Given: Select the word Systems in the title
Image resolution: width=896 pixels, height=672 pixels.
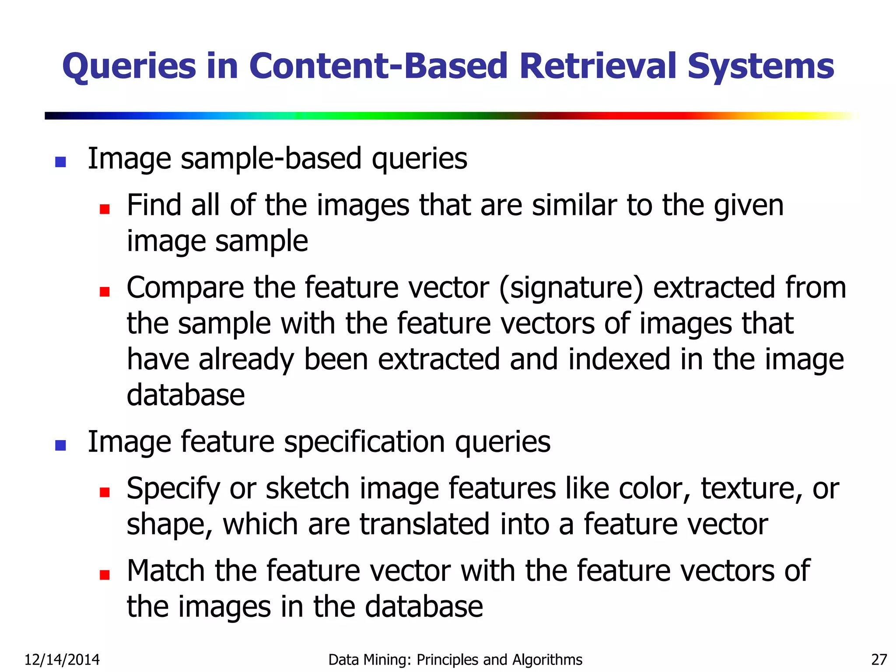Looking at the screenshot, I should pos(761,66).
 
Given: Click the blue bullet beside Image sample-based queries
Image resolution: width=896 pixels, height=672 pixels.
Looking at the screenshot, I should pos(60,162).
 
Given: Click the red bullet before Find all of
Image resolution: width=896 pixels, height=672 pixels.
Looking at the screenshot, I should pos(105,209).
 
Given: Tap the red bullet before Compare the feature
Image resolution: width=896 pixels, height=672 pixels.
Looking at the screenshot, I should pos(105,291).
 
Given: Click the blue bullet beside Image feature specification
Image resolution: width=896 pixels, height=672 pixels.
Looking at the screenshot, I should pos(60,445).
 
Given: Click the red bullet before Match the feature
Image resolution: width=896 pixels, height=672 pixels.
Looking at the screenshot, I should pos(105,574).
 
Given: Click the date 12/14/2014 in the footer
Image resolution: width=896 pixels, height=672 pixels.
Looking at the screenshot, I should pos(62,659).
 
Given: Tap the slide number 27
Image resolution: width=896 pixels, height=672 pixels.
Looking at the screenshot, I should pos(879,659).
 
